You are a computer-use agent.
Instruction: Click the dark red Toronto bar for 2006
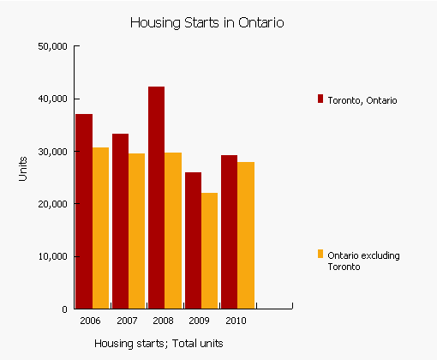84,211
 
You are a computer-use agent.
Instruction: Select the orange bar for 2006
100,228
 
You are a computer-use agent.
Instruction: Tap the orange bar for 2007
137,231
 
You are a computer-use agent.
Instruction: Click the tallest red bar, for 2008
156,197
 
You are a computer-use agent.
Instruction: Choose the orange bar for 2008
173,231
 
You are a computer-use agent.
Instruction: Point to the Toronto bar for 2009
193,240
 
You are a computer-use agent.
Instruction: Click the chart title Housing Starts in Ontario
206,22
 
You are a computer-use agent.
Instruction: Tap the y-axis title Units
23,168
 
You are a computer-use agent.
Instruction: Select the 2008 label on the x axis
164,321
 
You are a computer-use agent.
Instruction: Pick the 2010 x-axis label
236,321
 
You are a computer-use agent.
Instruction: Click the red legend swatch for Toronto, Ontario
320,99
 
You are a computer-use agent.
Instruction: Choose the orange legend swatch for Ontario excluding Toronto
320,254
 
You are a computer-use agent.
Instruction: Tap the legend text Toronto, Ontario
362,100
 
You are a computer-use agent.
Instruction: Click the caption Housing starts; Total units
159,344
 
